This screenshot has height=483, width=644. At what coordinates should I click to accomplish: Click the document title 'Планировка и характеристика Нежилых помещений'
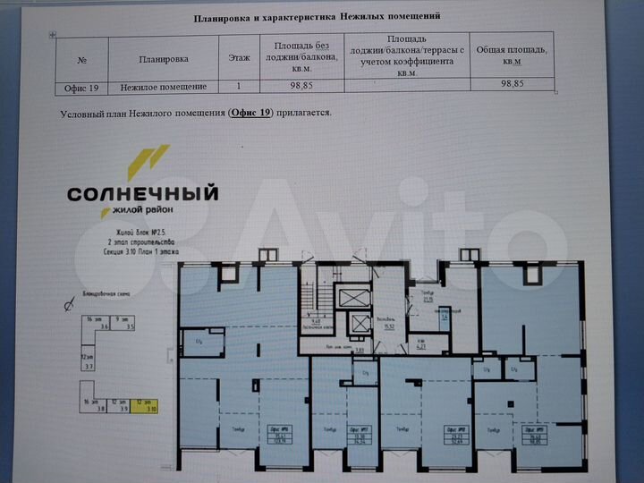coord(318,16)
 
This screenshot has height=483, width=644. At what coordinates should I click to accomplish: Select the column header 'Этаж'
coord(239,58)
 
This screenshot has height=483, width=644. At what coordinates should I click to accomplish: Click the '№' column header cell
coord(81,59)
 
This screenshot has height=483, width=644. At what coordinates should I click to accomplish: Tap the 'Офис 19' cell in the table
coord(81,87)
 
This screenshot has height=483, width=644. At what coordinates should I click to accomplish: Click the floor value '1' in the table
coord(239,87)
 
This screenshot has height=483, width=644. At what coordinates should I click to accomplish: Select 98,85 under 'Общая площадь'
coord(512,83)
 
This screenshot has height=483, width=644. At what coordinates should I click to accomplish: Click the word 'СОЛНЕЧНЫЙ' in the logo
coord(143,193)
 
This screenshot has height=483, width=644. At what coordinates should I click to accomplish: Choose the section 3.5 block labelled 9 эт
coord(129,324)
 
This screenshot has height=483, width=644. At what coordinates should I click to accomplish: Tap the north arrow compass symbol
coord(68,307)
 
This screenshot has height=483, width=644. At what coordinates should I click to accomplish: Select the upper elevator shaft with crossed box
coord(358,296)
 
